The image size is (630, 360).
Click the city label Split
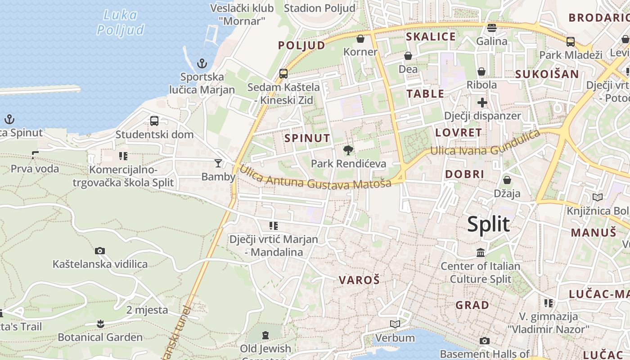click(488, 224)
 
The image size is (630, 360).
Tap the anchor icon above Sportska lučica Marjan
click(202, 63)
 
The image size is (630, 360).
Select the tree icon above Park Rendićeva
click(348, 150)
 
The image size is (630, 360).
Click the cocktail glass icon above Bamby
click(218, 163)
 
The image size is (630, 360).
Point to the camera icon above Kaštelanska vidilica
click(100, 251)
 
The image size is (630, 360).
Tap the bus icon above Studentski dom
click(154, 121)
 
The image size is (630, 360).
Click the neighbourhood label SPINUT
click(307, 138)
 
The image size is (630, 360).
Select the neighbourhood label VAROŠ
click(359, 280)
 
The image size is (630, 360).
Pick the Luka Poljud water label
click(121, 22)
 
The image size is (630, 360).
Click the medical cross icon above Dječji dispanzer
click(482, 103)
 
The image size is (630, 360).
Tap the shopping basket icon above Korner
click(360, 39)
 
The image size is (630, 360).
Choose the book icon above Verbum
click(395, 324)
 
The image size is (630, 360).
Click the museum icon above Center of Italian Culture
click(481, 252)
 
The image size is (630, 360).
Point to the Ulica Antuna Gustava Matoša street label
click(315, 178)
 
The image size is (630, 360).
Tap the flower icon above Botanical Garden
click(100, 324)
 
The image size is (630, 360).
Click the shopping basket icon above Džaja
click(507, 180)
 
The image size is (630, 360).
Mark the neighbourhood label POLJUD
click(301, 45)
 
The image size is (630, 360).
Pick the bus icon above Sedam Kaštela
click(283, 73)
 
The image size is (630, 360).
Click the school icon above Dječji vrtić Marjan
click(274, 225)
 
